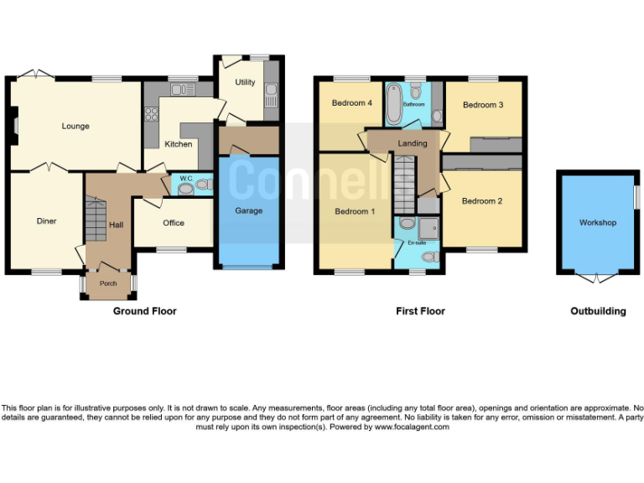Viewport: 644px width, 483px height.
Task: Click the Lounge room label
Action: point(75,127)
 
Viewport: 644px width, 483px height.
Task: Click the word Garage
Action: point(248,210)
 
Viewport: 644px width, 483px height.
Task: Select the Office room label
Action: point(174,223)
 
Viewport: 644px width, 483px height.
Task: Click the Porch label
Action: point(108,283)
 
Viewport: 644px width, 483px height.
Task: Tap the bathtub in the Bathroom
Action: point(394,105)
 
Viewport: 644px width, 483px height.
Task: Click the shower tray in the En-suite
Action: point(429,227)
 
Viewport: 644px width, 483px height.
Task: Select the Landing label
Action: point(412,143)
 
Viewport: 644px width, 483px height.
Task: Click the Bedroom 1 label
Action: point(355,211)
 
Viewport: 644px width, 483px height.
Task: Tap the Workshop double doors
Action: point(596,278)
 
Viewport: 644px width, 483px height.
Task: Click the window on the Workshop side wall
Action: point(636,198)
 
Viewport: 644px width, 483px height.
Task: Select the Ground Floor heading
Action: point(144,311)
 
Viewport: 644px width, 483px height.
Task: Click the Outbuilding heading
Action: point(598,311)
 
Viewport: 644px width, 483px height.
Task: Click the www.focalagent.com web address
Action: point(411,427)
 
